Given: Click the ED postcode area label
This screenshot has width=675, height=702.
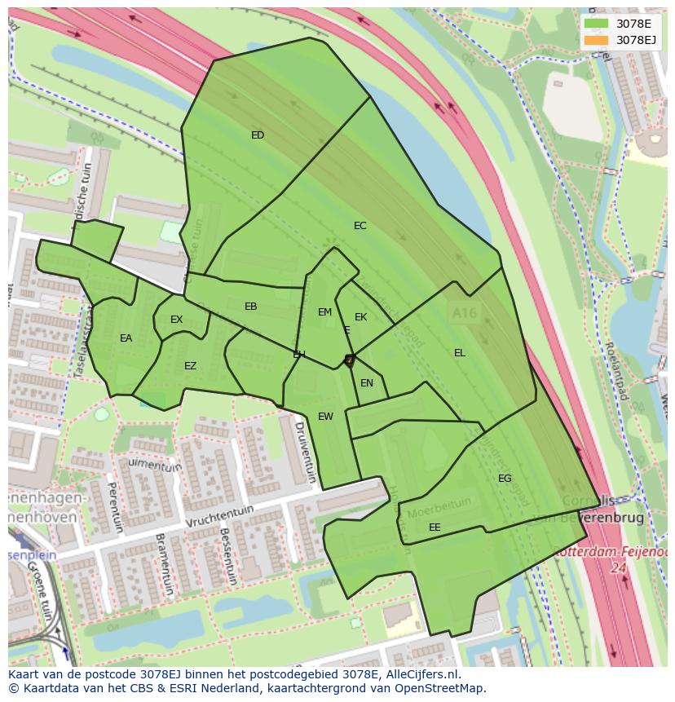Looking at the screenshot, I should [x=258, y=135].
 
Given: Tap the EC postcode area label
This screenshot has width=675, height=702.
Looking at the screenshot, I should [x=360, y=226].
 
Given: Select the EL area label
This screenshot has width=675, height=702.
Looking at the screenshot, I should [x=460, y=353].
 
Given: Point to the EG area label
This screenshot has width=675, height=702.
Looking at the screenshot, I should [x=505, y=479].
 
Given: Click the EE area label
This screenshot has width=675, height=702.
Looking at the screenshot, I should [x=435, y=528].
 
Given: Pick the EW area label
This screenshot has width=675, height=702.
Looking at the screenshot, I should [x=325, y=417].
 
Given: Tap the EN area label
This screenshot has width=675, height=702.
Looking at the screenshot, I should [x=367, y=383].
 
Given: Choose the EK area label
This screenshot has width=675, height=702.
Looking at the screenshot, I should [x=360, y=317].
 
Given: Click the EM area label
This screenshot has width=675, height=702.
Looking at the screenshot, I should [x=324, y=312].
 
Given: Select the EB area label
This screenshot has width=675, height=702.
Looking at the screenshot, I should [x=251, y=307].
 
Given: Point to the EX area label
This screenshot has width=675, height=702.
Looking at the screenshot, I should [x=177, y=320].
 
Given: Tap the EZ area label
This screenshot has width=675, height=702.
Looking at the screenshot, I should [x=190, y=366].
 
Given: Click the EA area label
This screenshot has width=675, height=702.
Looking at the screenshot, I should [x=126, y=338].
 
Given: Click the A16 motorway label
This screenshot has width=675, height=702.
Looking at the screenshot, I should [x=461, y=311].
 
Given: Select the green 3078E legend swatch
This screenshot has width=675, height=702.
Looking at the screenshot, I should [x=596, y=24].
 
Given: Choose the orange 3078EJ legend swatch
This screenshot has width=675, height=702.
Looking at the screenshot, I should [x=596, y=39].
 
